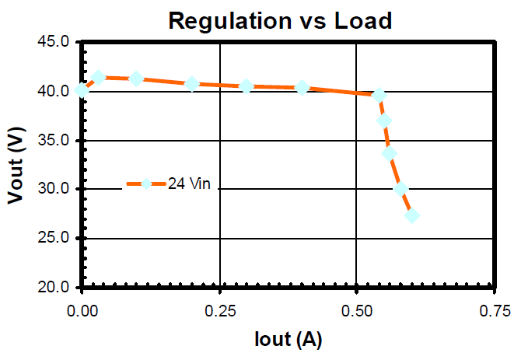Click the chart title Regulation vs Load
281,20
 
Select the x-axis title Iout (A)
288,339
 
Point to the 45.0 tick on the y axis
55,41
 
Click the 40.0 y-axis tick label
55,91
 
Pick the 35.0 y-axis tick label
55,140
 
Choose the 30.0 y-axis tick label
55,189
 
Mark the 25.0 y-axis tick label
55,238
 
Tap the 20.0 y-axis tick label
55,287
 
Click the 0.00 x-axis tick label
82,311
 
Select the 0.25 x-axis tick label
219,311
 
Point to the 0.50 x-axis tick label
356,311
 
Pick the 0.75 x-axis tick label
494,311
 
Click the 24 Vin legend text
189,184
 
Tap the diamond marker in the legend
145,184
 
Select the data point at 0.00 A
82,91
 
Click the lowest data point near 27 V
412,215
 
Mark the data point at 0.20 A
192,83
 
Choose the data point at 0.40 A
302,87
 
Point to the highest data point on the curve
98,77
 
